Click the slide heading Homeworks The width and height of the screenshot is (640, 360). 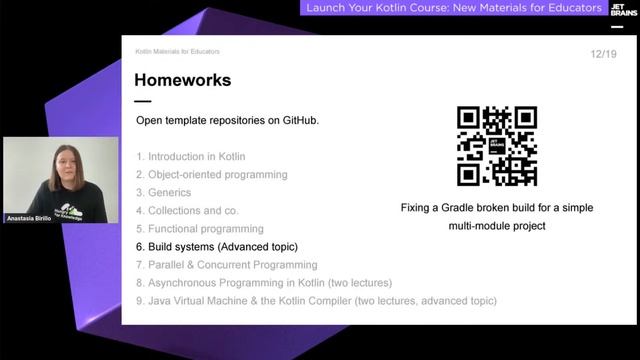pos(182,80)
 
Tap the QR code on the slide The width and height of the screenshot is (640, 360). pos(497,146)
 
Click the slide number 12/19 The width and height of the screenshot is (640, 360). pos(603,53)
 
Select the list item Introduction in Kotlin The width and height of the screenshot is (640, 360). pos(196,157)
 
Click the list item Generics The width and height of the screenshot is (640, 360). pos(172,193)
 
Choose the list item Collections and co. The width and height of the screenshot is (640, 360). pos(193,211)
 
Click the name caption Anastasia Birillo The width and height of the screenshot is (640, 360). pos(29,217)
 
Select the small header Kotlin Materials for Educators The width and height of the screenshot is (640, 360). pos(177,51)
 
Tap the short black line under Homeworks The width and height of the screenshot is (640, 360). pos(143,101)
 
